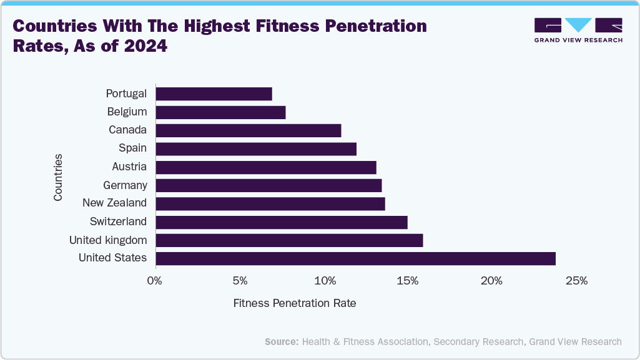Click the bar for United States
355,258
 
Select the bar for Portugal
214,94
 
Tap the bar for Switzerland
281,222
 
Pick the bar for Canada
248,130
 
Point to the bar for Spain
255,148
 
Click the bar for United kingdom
289,240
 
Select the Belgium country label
127,112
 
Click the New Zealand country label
115,203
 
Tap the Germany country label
125,185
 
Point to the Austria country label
129,167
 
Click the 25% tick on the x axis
576,281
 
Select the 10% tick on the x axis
324,281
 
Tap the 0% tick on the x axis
155,281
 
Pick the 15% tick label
408,281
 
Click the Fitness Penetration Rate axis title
295,303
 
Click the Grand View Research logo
578,29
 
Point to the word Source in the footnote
281,341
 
